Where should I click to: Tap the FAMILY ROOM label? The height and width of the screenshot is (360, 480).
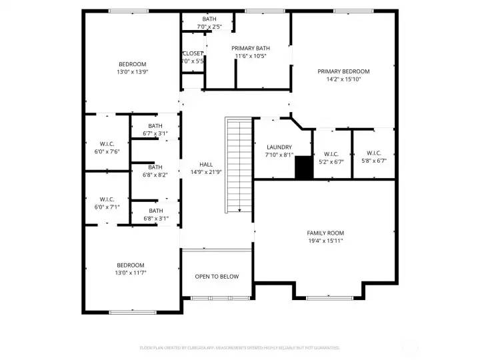coord(325,233)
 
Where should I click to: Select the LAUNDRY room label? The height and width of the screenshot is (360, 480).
coord(279,147)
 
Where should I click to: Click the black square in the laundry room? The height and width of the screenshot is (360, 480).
coord(303,167)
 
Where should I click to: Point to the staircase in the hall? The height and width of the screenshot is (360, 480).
coord(238,164)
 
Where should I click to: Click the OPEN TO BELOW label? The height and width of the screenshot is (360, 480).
coord(217,277)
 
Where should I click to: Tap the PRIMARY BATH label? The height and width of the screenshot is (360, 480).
coord(251,48)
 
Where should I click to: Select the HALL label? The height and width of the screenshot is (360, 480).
coord(206,165)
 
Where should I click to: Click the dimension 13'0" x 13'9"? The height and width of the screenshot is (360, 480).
coord(132,71)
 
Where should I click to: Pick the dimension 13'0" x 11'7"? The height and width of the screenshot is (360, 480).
coord(131,273)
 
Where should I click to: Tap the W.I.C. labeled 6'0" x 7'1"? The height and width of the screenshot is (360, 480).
coord(107,199)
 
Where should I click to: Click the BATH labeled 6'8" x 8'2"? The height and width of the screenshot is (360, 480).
coord(155,167)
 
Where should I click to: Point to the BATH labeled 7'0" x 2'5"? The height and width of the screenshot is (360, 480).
coord(209,19)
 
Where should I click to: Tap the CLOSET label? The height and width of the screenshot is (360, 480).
coord(193,53)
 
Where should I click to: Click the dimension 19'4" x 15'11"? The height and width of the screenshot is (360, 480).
coord(325,241)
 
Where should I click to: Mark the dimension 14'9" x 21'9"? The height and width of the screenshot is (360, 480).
coord(206,173)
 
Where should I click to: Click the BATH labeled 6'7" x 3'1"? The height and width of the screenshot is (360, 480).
coord(155,126)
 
